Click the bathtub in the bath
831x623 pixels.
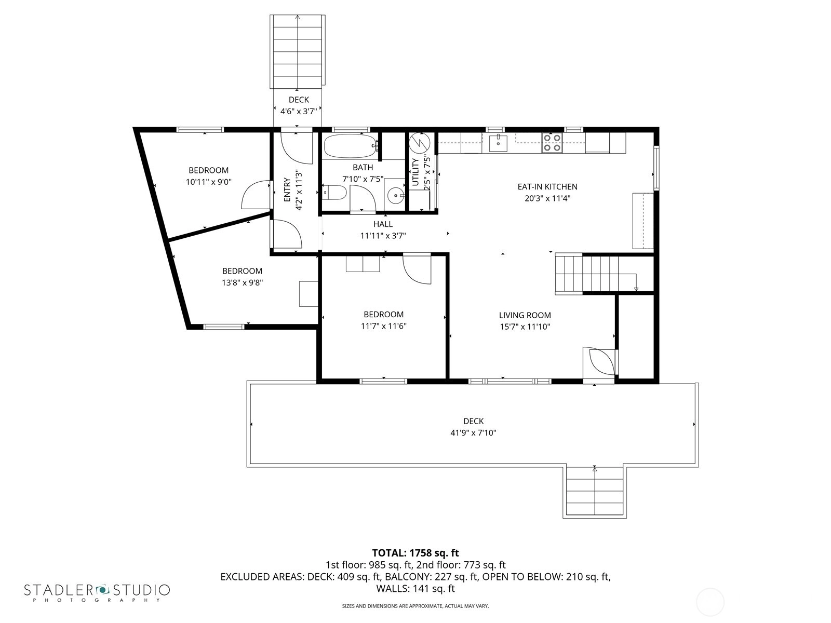pyautogui.click(x=351, y=146)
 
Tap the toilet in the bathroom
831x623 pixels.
pyautogui.click(x=334, y=193)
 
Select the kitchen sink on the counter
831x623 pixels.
pyautogui.click(x=498, y=143)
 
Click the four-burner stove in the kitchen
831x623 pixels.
pyautogui.click(x=552, y=143)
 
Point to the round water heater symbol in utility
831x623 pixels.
pyautogui.click(x=420, y=143)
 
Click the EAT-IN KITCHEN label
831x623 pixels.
pyautogui.click(x=547, y=186)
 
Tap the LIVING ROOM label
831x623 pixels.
pyautogui.click(x=525, y=315)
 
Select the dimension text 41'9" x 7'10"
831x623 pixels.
pyautogui.click(x=473, y=433)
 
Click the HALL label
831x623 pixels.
pyautogui.click(x=383, y=224)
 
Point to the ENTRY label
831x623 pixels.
pyautogui.click(x=287, y=190)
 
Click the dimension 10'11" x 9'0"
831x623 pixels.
pyautogui.click(x=208, y=182)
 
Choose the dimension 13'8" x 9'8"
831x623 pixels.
pyautogui.click(x=243, y=282)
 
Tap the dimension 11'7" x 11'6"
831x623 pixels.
pyautogui.click(x=383, y=326)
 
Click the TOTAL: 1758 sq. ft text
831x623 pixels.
pyautogui.click(x=415, y=553)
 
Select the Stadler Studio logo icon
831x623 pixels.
pyautogui.click(x=102, y=590)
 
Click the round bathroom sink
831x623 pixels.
pyautogui.click(x=396, y=196)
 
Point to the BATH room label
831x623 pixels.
pyautogui.click(x=363, y=167)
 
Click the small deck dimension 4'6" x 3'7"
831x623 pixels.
pyautogui.click(x=299, y=111)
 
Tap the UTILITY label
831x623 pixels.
pyautogui.click(x=415, y=172)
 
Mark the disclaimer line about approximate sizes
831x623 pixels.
pyautogui.click(x=415, y=606)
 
